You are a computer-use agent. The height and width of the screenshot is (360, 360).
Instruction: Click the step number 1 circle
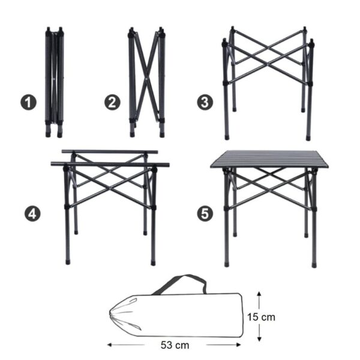coord(28,103)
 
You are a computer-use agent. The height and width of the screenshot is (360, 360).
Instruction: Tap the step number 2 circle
coord(113,103)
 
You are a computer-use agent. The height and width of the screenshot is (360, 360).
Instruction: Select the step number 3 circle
coord(205,103)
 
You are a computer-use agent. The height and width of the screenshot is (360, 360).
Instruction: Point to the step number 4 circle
coord(32,214)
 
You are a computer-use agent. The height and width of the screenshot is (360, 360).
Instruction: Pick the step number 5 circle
coord(205,214)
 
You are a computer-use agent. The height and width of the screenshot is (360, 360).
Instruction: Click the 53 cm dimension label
coord(175,345)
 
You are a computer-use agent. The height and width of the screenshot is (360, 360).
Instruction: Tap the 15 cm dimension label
coord(261,317)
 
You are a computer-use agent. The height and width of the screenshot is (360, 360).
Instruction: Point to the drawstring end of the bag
coord(125,314)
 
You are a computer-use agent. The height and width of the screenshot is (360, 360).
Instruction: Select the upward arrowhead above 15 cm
coord(259,294)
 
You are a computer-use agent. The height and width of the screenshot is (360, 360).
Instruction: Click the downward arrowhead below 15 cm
coord(259,339)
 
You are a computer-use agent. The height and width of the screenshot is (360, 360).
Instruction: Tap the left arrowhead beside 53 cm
coord(110,344)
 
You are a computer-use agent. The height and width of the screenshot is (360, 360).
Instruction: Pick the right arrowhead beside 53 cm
coord(239,344)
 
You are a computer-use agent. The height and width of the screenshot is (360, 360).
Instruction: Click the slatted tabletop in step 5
coord(269,159)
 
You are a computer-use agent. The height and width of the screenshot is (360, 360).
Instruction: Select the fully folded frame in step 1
coord(55,82)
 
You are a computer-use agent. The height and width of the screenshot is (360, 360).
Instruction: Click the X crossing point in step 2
coord(146,79)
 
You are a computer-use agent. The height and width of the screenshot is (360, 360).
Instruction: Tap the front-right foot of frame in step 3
coord(308,139)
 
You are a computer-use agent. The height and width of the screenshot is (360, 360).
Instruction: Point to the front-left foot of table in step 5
coord(227,265)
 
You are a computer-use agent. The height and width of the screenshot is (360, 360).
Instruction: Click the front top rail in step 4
coord(110,164)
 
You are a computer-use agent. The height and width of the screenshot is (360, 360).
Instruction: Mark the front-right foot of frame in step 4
coord(153,263)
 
